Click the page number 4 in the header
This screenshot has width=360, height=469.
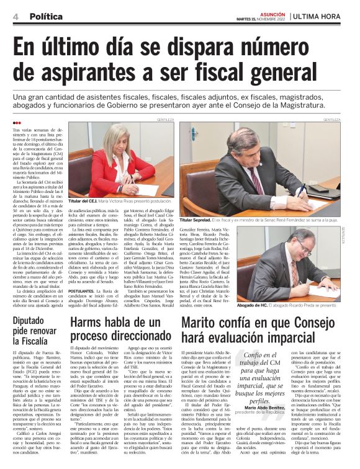pos(14,16)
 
